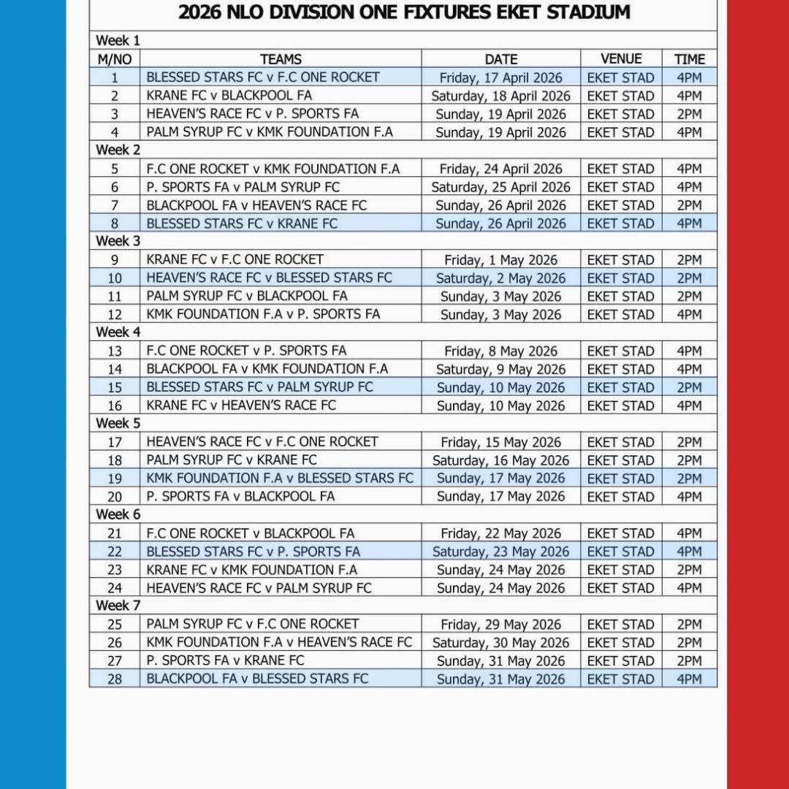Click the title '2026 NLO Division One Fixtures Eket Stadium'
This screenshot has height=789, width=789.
403,12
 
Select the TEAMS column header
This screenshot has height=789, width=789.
281,59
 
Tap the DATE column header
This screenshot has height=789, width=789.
501,59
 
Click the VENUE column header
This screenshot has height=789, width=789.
621,59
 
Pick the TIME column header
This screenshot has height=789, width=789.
689,59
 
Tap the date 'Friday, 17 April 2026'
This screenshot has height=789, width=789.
501,77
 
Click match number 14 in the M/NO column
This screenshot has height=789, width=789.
115,369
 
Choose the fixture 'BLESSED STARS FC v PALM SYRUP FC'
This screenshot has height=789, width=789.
259,387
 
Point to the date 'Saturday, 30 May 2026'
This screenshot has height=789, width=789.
501,643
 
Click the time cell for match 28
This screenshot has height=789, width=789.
689,679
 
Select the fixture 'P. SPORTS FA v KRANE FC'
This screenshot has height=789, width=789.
225,660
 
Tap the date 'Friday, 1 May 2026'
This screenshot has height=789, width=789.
501,260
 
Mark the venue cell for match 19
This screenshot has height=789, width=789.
621,479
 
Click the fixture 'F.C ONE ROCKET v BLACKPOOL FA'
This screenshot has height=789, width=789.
251,533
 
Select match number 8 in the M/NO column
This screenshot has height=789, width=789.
115,224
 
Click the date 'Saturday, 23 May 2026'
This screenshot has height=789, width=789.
501,552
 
